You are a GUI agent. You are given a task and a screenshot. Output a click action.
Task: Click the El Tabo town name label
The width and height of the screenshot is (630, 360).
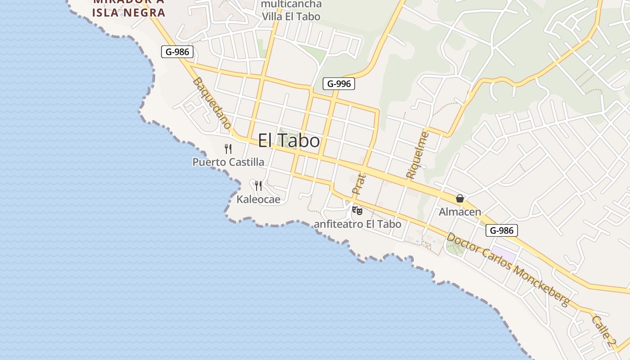click(289, 141)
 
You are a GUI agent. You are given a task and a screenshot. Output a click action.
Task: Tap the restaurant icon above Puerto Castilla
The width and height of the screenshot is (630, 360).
click(228, 149)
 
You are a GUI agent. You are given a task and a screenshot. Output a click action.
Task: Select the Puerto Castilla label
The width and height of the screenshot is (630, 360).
click(228, 162)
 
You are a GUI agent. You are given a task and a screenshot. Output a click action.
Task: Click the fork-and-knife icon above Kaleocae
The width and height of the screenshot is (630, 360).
click(258, 185)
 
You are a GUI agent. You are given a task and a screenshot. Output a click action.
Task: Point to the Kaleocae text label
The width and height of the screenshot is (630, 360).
click(258, 199)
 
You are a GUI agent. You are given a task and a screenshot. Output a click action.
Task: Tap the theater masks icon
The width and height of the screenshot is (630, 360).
click(357, 210)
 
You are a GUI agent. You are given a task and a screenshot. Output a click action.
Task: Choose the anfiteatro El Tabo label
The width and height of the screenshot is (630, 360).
click(357, 224)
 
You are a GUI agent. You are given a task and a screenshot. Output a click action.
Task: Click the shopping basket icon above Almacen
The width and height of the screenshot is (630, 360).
click(460, 198)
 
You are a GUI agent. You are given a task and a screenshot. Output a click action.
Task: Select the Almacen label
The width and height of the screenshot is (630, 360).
click(460, 212)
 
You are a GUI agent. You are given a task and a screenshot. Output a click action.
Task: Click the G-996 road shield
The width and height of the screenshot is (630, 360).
click(339, 84)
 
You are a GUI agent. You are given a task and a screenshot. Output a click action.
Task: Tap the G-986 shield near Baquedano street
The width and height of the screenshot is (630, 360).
click(178, 52)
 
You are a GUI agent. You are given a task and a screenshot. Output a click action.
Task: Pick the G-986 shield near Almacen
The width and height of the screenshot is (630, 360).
click(502, 231)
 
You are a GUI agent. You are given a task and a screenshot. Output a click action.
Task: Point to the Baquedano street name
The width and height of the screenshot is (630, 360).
click(212, 103)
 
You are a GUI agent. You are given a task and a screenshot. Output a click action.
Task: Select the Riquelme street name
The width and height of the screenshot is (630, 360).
click(417, 155)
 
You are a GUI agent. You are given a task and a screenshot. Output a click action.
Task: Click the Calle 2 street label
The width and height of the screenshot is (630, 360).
click(603, 331)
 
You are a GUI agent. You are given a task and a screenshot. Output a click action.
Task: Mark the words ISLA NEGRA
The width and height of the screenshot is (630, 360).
click(129, 13)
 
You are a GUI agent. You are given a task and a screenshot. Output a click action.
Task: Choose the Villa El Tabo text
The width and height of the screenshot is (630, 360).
click(292, 17)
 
